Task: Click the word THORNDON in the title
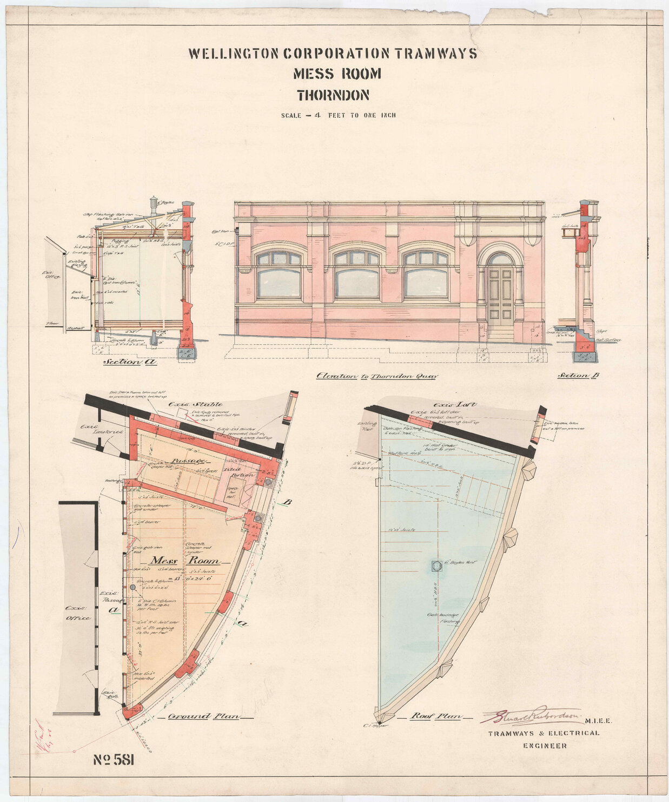[x=333, y=95]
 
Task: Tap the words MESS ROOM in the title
[x=337, y=74]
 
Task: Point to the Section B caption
[x=581, y=375]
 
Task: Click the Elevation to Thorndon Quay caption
[x=376, y=376]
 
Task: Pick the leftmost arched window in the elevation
[x=279, y=275]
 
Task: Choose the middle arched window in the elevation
[x=356, y=275]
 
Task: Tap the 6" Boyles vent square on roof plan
[x=436, y=567]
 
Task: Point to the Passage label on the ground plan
[x=188, y=461]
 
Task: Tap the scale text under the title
[x=338, y=115]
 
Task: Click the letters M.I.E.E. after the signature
[x=598, y=721]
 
